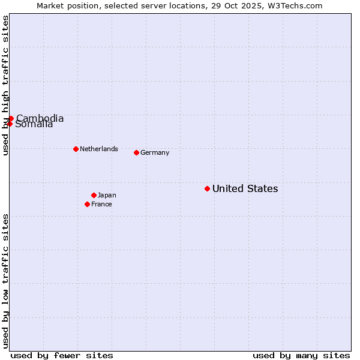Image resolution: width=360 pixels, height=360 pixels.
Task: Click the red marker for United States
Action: (207, 188)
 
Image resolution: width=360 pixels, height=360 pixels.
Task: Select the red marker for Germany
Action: (136, 152)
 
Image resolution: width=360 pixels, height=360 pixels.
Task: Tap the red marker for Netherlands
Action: (76, 149)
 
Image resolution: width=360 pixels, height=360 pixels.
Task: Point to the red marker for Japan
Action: (94, 195)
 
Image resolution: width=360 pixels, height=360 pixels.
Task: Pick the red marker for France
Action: (87, 204)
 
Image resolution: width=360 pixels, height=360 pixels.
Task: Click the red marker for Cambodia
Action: (11, 118)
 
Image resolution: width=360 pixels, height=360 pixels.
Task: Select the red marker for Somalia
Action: (10, 124)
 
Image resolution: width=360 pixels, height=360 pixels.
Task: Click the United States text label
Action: (245, 188)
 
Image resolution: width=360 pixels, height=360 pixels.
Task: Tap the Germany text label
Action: (155, 152)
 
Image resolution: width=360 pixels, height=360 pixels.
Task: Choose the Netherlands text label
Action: (99, 149)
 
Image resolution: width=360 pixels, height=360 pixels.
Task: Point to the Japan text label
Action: (107, 195)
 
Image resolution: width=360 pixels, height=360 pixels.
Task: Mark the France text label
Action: (101, 204)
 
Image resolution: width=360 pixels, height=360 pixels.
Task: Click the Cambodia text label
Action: (40, 118)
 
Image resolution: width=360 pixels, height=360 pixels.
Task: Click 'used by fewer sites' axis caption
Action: (62, 355)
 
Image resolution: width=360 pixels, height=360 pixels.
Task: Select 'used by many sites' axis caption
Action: (301, 355)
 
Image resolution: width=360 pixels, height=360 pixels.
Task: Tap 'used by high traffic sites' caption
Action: (5, 85)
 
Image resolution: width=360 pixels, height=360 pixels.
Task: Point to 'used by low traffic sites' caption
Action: (5, 280)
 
